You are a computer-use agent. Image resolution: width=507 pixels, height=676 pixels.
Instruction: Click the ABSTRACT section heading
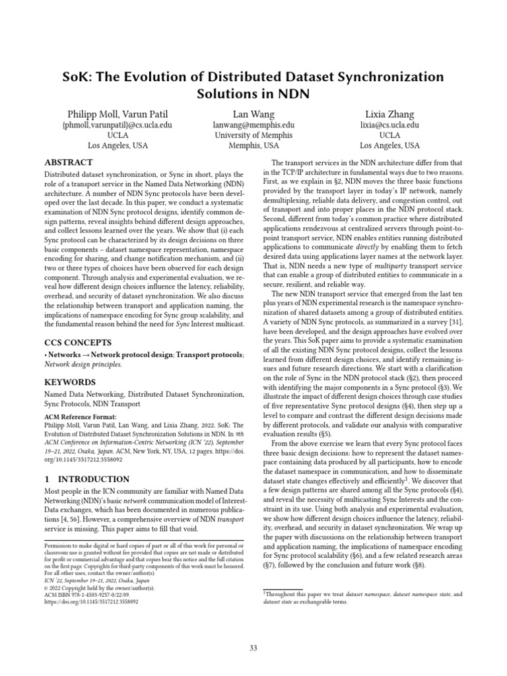point(68,162)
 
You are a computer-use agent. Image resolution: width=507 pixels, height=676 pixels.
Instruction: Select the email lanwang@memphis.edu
point(253,124)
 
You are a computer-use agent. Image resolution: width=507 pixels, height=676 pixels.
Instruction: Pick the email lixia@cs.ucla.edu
point(389,124)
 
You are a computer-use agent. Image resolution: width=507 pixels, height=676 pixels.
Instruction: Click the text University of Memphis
point(253,135)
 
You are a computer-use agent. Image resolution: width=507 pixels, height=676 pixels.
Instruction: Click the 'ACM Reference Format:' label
point(80,417)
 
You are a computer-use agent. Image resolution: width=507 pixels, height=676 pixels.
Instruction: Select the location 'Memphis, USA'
point(253,145)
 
